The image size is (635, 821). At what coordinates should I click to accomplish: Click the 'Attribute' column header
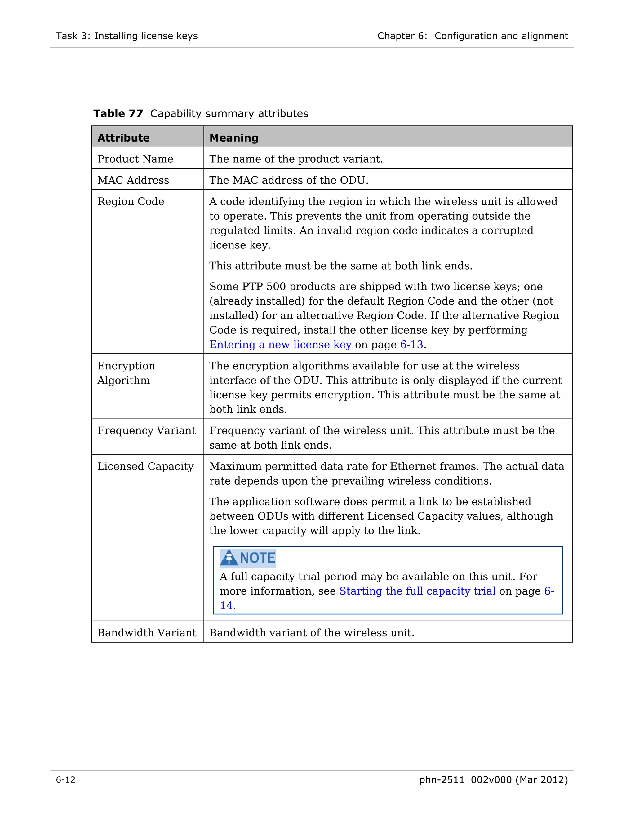(123, 138)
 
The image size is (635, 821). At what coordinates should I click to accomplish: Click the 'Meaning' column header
(233, 138)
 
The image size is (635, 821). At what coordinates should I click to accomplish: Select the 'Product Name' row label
(135, 159)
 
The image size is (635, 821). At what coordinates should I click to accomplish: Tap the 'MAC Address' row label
(133, 180)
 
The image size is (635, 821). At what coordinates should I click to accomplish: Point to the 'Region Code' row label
(131, 202)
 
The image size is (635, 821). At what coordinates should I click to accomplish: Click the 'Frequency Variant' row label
(146, 431)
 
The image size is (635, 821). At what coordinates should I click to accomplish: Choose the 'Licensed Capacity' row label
(145, 467)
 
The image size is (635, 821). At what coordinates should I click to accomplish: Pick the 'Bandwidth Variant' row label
(147, 633)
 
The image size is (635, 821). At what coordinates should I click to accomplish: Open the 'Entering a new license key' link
(280, 345)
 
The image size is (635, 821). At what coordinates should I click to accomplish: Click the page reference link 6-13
(411, 345)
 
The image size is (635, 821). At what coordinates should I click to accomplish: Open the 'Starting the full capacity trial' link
(417, 591)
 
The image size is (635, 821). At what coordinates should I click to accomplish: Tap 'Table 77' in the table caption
(118, 113)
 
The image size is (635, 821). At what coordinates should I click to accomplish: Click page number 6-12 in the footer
(66, 780)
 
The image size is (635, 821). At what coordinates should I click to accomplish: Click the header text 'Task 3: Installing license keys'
(127, 36)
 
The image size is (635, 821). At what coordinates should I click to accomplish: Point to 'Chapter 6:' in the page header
(402, 36)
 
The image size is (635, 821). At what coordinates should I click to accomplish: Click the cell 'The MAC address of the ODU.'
(289, 180)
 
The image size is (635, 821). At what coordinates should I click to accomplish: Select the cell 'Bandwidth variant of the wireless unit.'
(312, 633)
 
